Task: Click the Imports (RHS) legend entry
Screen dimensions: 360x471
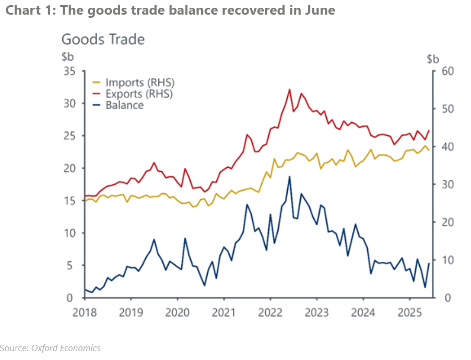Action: (x=139, y=83)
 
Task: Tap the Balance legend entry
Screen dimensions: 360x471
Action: (x=124, y=105)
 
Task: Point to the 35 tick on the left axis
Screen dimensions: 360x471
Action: (x=69, y=71)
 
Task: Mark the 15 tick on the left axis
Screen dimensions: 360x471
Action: (x=69, y=201)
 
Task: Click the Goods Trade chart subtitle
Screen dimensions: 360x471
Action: (x=103, y=39)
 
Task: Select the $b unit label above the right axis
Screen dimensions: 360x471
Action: (x=433, y=58)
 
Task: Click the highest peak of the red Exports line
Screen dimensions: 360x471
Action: (x=289, y=89)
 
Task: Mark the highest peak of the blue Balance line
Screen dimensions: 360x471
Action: (x=289, y=177)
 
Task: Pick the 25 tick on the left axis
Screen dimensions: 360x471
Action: (x=69, y=136)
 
